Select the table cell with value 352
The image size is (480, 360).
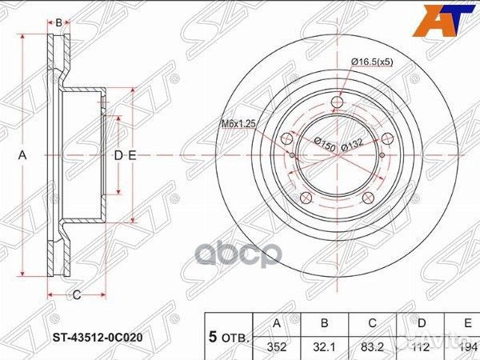[x=278, y=346]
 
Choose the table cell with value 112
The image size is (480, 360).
[x=422, y=346]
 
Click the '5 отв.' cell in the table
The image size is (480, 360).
[x=229, y=336]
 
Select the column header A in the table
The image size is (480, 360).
[x=278, y=325]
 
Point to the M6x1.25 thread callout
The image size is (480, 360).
[x=239, y=123]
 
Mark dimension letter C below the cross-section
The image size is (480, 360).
[x=78, y=295]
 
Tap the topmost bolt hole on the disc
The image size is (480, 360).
[x=337, y=102]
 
